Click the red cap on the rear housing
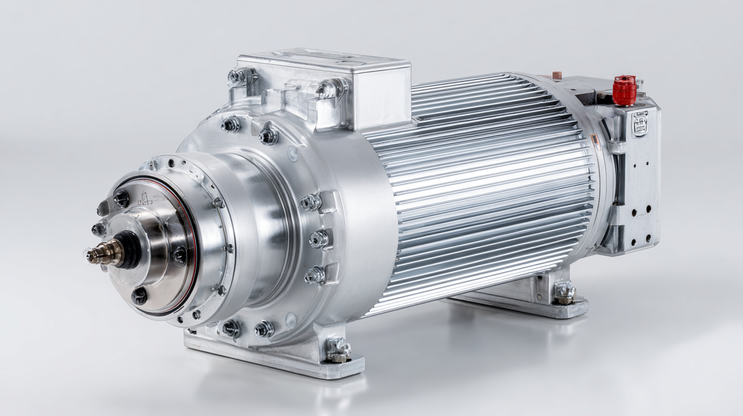625,90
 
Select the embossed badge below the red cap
640,123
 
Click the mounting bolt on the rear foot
564,293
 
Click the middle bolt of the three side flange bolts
319,239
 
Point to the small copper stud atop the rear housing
557,75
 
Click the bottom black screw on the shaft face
139,295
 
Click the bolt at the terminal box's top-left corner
237,77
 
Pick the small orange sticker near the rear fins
594,141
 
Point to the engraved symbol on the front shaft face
146,199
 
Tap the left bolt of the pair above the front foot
231,328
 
